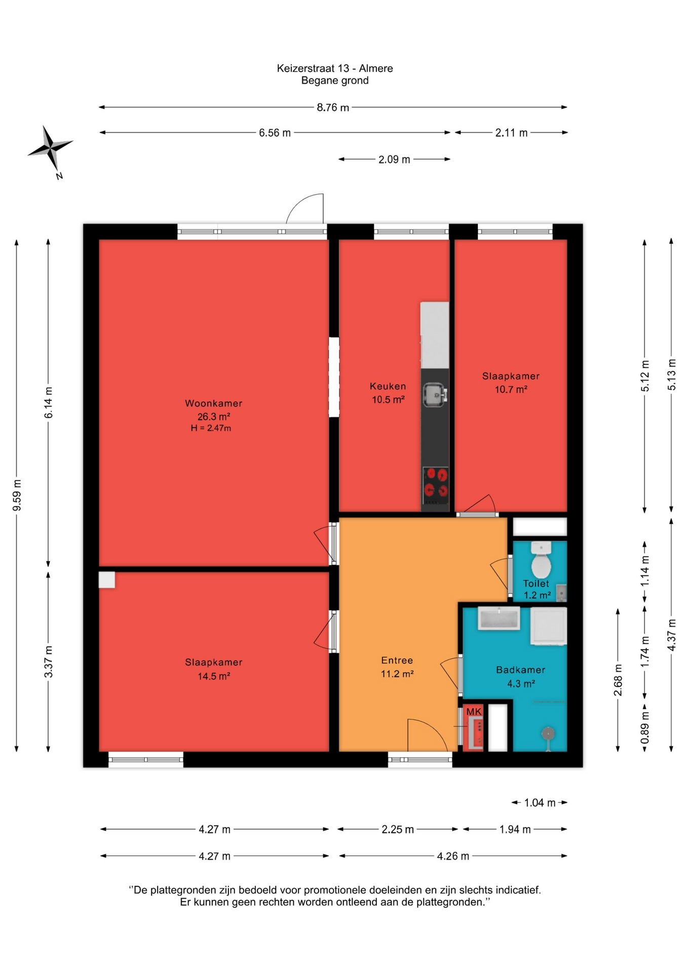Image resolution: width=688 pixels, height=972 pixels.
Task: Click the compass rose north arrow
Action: [50, 147]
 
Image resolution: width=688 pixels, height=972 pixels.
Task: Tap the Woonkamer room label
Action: [213, 403]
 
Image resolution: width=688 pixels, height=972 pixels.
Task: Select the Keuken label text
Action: [388, 386]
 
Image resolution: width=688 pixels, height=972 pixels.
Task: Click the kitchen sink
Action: [434, 395]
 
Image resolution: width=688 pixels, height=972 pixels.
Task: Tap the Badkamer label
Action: [520, 670]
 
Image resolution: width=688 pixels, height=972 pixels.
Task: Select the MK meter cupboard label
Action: [474, 712]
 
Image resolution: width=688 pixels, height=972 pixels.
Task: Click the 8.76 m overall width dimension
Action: [333, 107]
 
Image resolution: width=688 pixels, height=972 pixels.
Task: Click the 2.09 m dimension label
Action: [394, 159]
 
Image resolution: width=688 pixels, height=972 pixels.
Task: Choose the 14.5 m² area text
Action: [214, 676]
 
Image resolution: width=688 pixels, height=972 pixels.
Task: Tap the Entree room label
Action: [397, 660]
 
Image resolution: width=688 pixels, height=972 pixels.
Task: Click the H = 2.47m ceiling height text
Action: [211, 428]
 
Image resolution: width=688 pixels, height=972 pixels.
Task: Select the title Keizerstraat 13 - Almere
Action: [335, 68]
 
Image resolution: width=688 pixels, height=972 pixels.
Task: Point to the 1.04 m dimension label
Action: [540, 802]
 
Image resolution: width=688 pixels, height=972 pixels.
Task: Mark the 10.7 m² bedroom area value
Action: [511, 389]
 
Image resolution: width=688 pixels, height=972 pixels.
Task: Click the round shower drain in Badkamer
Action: [548, 733]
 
